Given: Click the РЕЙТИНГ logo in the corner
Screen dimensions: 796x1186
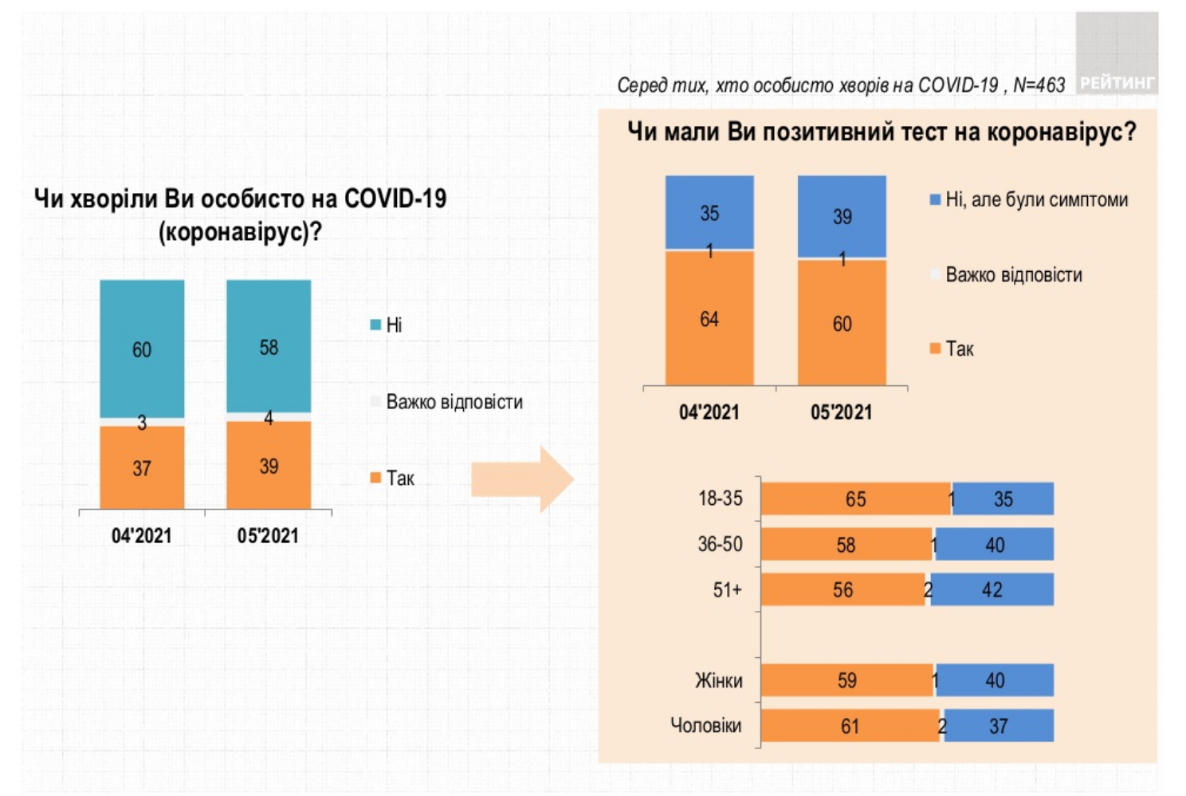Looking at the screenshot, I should (x=1116, y=81).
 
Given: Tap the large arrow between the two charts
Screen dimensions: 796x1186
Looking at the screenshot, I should (x=522, y=479).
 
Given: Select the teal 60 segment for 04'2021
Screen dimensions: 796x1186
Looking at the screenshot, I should (x=142, y=349).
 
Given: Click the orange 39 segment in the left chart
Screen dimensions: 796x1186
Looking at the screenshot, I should (x=269, y=465).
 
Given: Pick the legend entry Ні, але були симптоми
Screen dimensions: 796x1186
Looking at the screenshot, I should (x=1028, y=199).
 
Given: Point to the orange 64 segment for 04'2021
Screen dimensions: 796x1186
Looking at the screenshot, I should (x=709, y=318).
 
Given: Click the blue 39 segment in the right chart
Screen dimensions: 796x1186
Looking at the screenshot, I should (x=842, y=216).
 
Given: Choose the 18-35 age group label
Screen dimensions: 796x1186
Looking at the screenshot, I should (x=720, y=498).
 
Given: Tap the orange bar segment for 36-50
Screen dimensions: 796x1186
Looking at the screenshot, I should (x=846, y=545).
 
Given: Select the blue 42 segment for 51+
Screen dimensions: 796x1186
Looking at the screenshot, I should (x=992, y=590).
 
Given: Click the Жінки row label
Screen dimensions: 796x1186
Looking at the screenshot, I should (x=718, y=680).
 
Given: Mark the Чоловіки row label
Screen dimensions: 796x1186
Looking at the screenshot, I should (x=705, y=726).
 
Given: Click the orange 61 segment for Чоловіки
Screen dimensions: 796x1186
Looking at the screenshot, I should (x=850, y=726).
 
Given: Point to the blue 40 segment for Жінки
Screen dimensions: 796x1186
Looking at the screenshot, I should (x=995, y=680).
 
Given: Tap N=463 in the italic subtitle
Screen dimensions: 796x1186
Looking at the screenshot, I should (x=1039, y=85).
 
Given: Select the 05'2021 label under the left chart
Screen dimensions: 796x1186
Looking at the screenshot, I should (x=268, y=535).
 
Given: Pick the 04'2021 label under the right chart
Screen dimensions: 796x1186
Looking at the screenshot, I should (x=709, y=412).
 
